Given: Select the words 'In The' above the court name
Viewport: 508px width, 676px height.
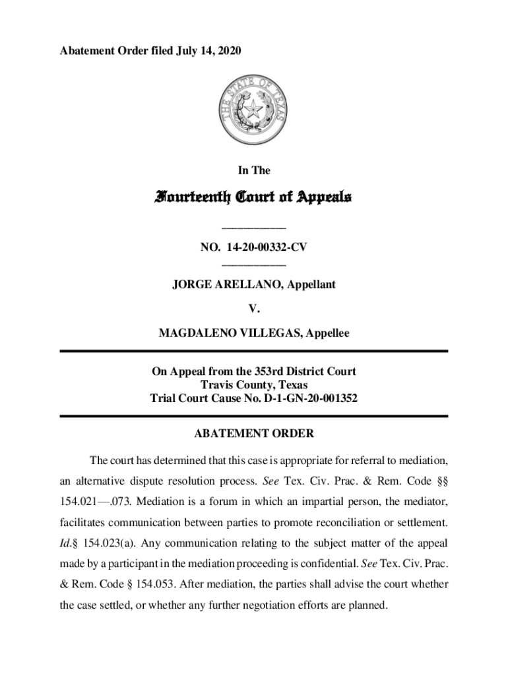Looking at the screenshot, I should click(254, 170).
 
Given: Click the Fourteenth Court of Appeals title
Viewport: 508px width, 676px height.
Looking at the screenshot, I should click(254, 197).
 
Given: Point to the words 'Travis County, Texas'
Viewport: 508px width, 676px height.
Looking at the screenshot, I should click(254, 385).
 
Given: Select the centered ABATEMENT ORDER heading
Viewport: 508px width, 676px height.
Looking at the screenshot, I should click(254, 434).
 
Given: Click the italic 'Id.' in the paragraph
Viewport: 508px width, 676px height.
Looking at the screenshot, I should click(66, 544).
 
